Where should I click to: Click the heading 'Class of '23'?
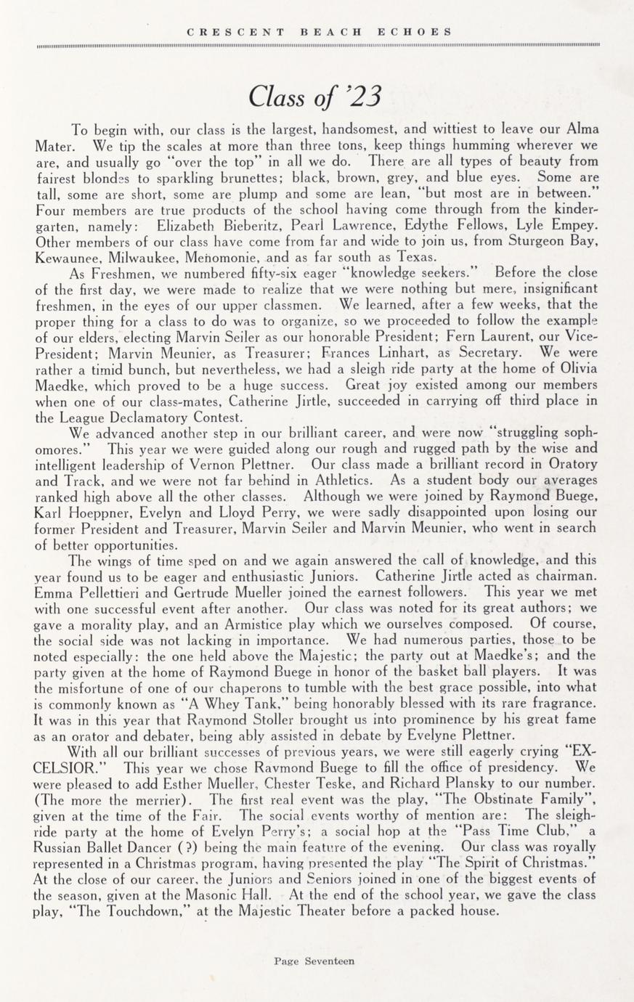(x=314, y=96)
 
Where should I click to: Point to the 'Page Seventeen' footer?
(x=314, y=961)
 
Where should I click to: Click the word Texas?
(x=414, y=256)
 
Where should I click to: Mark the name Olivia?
(x=577, y=368)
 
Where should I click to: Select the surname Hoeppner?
(x=98, y=512)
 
